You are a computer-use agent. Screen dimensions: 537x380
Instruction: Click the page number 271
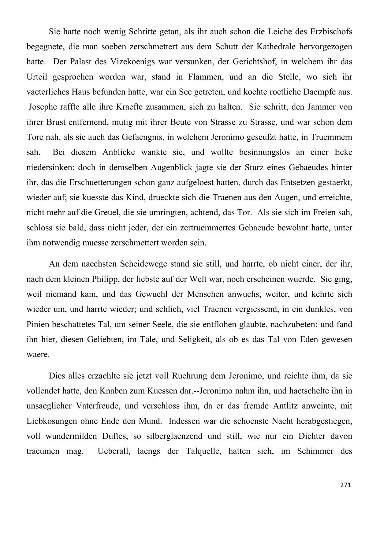(345, 485)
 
